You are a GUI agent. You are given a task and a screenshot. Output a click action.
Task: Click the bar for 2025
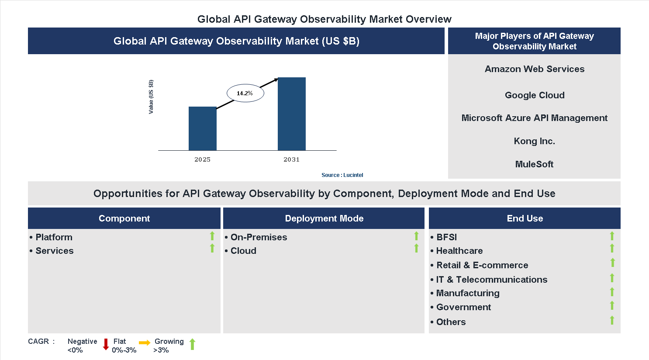coord(202,128)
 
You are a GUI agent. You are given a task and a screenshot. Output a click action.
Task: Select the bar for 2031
coord(291,114)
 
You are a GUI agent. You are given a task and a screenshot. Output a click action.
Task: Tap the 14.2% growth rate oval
coord(245,93)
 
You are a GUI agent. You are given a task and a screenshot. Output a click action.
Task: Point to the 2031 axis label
coord(291,159)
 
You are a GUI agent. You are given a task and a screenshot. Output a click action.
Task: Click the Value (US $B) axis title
coord(151,97)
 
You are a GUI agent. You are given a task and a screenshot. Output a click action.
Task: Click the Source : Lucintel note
coord(342,175)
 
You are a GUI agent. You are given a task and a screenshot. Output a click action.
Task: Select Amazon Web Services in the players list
coord(534,69)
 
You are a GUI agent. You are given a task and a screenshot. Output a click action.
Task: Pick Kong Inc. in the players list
coord(534,141)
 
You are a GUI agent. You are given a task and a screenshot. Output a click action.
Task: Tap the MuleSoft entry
coord(534,164)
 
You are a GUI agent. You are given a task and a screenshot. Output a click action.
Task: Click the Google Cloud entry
coord(534,95)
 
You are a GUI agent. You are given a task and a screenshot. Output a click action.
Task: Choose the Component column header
coord(124,218)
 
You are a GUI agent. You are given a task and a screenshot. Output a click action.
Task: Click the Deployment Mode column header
coord(324,218)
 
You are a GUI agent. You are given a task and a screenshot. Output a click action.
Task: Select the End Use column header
coord(525,218)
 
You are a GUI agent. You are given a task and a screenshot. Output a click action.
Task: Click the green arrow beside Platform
coord(212,236)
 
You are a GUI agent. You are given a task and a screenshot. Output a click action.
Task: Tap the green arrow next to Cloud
coord(416,249)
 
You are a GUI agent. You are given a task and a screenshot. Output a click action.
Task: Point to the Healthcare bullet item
coord(459,251)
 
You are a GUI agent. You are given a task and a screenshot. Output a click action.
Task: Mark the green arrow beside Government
coord(612,305)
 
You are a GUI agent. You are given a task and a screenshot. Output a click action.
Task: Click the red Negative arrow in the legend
coord(106,344)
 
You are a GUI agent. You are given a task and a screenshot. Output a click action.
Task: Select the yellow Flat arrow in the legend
coord(144,343)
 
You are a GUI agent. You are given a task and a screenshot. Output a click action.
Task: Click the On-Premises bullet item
coord(259,237)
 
